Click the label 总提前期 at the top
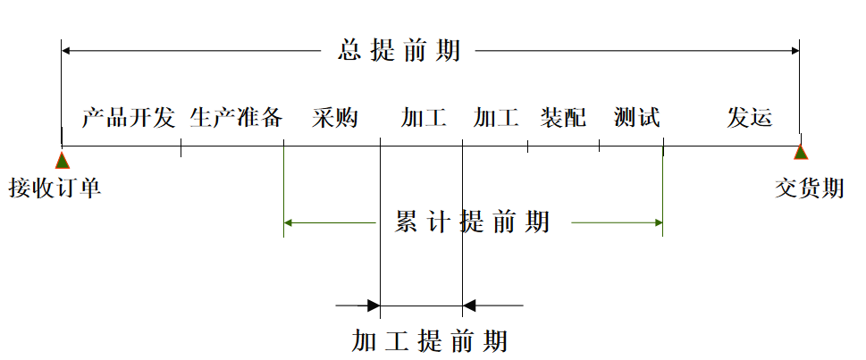(399, 51)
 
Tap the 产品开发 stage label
(128, 118)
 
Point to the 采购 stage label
(335, 118)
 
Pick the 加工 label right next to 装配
(495, 118)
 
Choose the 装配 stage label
(563, 118)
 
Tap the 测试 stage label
(636, 118)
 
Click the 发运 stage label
(749, 118)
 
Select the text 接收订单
(55, 188)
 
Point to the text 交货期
(809, 188)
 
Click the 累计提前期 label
(472, 222)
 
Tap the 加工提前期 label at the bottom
(429, 341)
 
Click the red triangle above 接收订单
(62, 161)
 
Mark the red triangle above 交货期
(800, 153)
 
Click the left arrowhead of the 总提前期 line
(66, 51)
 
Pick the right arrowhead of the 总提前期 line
(795, 51)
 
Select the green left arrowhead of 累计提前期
(289, 222)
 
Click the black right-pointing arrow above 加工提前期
(373, 306)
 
